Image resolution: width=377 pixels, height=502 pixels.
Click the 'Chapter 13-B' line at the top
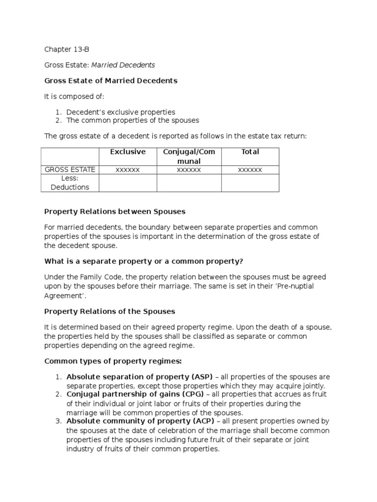tap(67, 50)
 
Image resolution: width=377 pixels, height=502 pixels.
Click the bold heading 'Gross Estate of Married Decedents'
tap(110, 80)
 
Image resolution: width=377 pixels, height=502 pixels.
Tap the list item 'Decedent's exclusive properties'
tap(121, 112)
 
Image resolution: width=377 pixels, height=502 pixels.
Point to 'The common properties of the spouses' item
tap(133, 120)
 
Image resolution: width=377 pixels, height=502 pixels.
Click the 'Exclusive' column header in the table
tap(128, 152)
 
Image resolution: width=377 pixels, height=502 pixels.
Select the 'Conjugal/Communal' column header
tap(189, 156)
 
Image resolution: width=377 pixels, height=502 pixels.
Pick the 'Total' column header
tap(250, 152)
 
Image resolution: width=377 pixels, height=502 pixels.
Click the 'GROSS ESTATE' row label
tap(70, 170)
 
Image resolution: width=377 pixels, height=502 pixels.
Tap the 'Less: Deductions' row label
tap(70, 183)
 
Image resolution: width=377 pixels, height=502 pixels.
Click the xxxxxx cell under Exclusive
tap(128, 170)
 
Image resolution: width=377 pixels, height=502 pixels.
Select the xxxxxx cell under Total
tap(250, 170)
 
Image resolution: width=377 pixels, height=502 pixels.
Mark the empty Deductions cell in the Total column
tap(250, 183)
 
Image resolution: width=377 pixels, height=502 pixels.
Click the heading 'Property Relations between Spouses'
tap(115, 211)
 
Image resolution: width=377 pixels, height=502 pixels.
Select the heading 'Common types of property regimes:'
tap(113, 361)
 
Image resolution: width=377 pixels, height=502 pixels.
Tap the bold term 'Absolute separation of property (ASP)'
tap(139, 377)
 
